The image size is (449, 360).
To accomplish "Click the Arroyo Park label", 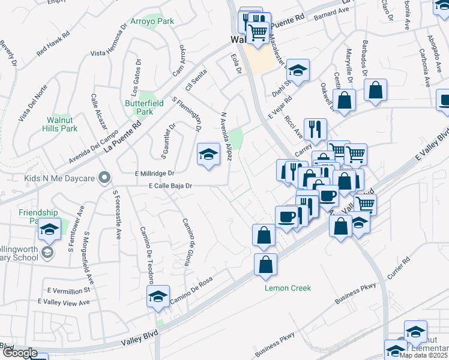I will pyautogui.click(x=152, y=21).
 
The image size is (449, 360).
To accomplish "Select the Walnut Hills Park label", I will pyautogui.click(x=62, y=124).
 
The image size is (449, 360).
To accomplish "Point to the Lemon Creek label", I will pyautogui.click(x=288, y=288).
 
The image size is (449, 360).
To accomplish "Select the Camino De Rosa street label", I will pyautogui.click(x=192, y=293).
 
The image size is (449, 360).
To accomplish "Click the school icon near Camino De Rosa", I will pyautogui.click(x=158, y=296).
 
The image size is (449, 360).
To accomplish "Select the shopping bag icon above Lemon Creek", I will pyautogui.click(x=265, y=263).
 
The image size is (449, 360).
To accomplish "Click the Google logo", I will pyautogui.click(x=20, y=353).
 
